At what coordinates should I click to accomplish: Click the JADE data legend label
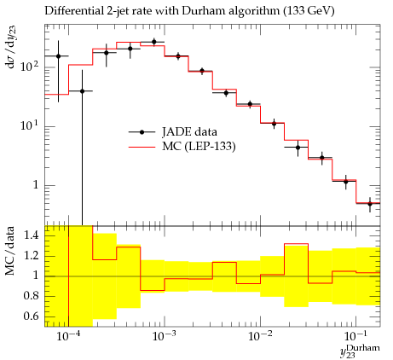pyautogui.click(x=189, y=131)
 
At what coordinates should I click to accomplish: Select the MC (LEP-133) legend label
pyautogui.click(x=199, y=147)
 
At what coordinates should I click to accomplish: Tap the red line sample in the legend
pyautogui.click(x=142, y=147)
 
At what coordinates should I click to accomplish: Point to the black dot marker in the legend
pyautogui.click(x=142, y=132)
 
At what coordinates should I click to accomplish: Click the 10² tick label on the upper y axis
pyautogui.click(x=29, y=67)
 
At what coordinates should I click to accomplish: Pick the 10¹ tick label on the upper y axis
pyautogui.click(x=29, y=125)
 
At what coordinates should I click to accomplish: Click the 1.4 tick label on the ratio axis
pyautogui.click(x=31, y=235)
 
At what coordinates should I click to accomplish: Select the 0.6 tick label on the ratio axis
pyautogui.click(x=31, y=316)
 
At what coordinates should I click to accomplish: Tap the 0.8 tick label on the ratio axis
pyautogui.click(x=31, y=296)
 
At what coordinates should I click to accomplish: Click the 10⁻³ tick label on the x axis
pyautogui.click(x=164, y=337)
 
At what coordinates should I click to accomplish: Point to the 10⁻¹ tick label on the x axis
pyautogui.click(x=355, y=337)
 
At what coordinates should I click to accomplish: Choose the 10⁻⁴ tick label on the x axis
pyautogui.click(x=68, y=337)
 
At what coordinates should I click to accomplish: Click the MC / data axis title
pyautogui.click(x=9, y=251)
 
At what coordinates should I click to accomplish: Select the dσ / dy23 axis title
pyautogui.click(x=11, y=53)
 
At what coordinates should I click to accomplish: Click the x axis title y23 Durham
pyautogui.click(x=360, y=351)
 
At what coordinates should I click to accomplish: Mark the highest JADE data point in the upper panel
pyautogui.click(x=154, y=42)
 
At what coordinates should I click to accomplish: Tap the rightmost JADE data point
pyautogui.click(x=370, y=204)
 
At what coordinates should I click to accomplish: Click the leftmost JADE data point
pyautogui.click(x=59, y=56)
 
